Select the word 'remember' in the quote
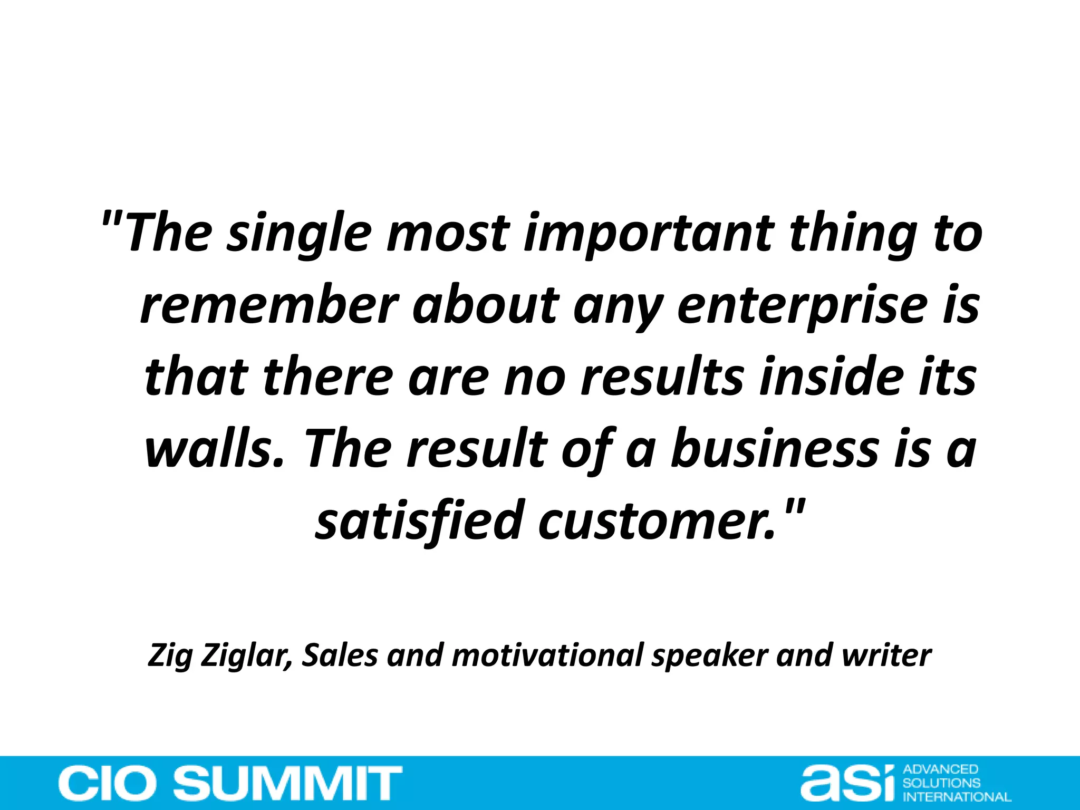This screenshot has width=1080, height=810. point(269,305)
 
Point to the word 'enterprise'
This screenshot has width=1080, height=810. point(802,305)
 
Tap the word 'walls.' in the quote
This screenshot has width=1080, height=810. point(214,449)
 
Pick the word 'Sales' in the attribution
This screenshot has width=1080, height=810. point(340,655)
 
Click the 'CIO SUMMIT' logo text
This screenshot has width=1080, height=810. point(230,783)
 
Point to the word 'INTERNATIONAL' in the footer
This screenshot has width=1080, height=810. point(957,796)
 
